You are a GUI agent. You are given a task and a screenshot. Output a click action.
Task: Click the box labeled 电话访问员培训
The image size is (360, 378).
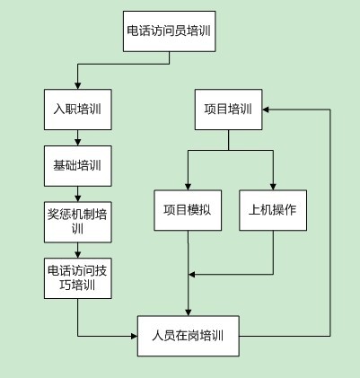click(170, 31)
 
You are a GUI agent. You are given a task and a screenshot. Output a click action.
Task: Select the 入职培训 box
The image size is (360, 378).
click(78, 110)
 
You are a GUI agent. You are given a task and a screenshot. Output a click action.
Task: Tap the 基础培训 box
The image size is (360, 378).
click(78, 166)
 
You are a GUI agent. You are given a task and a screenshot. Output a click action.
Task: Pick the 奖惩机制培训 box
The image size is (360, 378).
click(78, 222)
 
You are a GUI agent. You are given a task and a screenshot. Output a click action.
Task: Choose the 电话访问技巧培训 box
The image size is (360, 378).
click(78, 278)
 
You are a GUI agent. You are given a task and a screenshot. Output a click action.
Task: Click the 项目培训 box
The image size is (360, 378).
click(229, 110)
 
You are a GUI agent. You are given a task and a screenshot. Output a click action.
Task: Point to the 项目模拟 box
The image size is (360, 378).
click(188, 210)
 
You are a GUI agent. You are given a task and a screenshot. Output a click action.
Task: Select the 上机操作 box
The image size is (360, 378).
click(273, 210)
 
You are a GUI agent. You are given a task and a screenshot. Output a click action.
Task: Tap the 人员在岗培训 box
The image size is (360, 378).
click(189, 336)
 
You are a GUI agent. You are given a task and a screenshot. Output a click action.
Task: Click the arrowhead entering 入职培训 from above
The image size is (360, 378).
click(78, 85)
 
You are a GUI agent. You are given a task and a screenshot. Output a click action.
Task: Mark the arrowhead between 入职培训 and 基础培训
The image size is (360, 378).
click(78, 142)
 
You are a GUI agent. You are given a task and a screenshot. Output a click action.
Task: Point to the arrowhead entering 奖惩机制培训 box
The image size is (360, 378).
click(78, 198)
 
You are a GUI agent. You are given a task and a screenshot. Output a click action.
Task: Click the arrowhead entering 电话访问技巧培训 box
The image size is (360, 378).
click(78, 254)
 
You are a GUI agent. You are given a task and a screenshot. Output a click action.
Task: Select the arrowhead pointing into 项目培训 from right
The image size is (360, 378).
click(266, 110)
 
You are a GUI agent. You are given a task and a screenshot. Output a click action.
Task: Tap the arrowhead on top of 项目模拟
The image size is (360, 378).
click(188, 186)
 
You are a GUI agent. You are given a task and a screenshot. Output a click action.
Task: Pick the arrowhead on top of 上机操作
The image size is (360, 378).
click(273, 186)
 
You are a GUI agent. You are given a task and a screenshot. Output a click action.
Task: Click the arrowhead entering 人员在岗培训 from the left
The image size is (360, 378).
click(134, 336)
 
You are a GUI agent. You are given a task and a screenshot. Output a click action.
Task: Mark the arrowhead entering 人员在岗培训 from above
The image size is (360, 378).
click(188, 312)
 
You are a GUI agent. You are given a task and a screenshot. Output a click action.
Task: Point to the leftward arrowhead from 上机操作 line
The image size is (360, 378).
click(192, 275)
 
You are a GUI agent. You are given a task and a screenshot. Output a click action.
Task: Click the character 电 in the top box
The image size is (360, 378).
click(133, 31)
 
